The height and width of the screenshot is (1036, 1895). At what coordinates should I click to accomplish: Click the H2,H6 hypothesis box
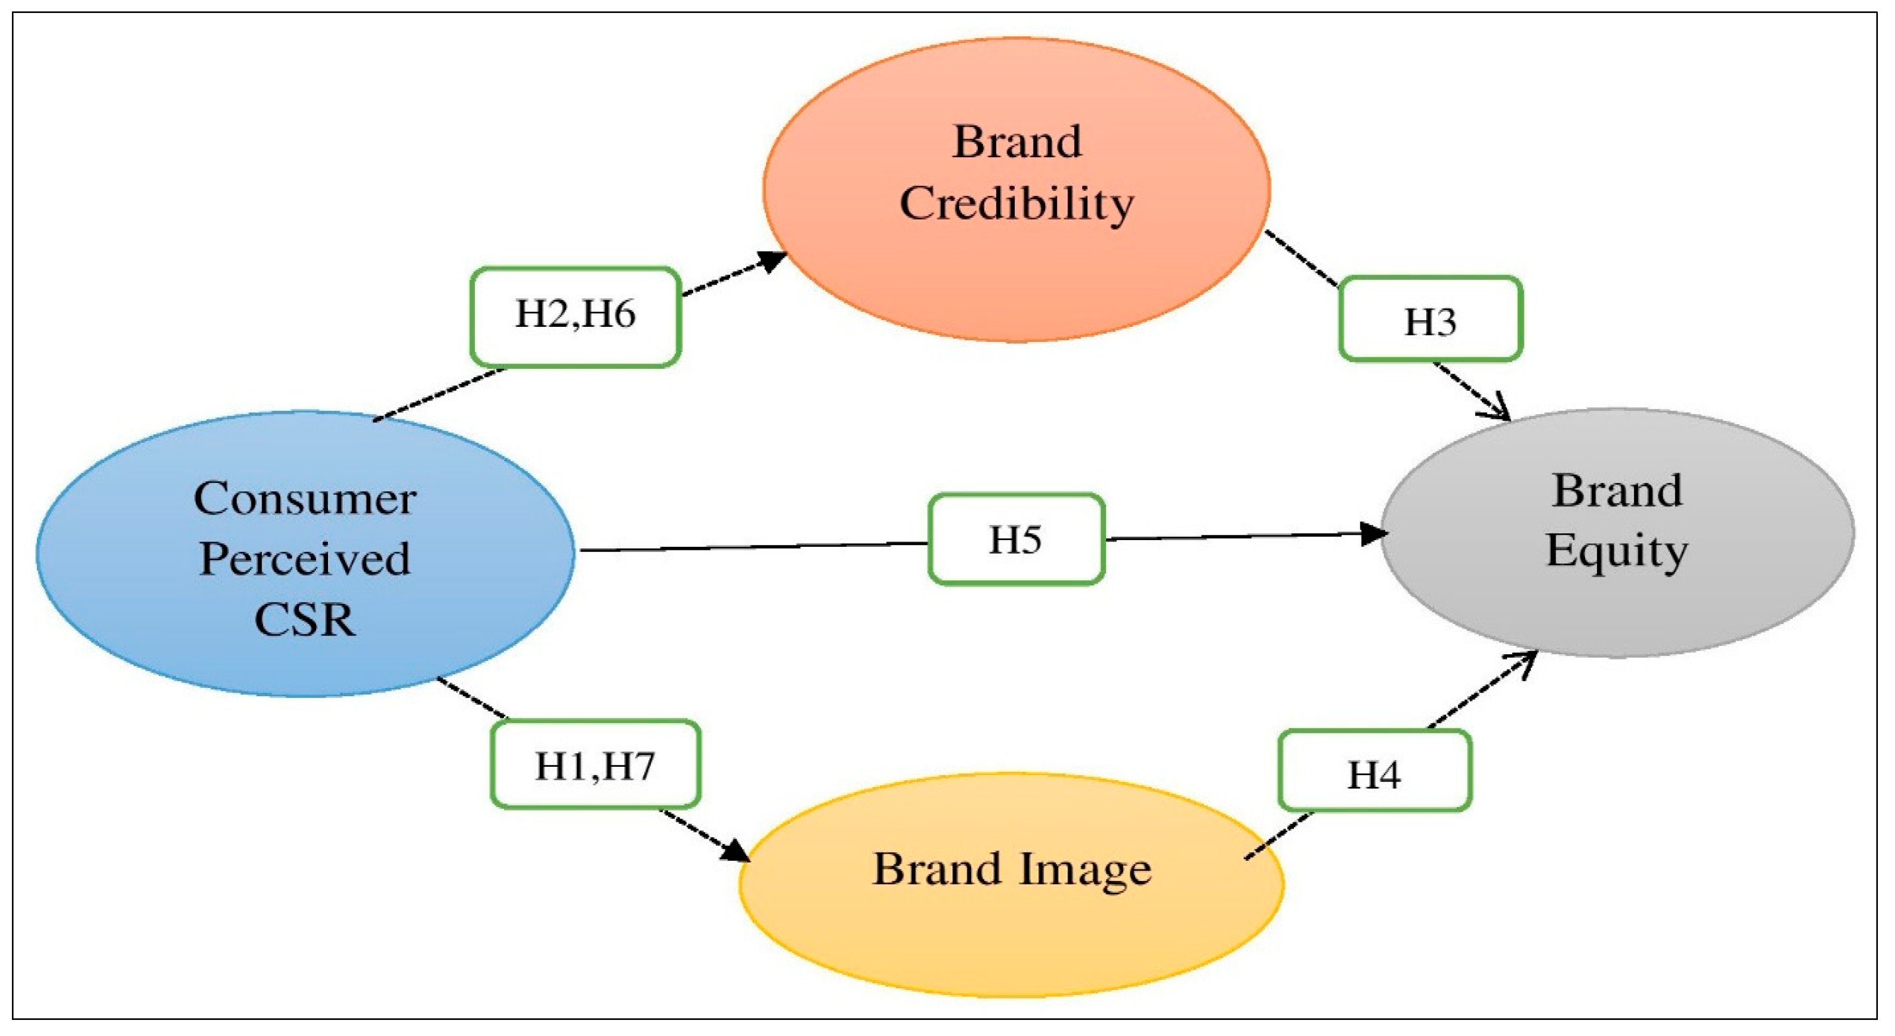click(575, 316)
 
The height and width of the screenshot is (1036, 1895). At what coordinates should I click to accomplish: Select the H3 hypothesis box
click(1430, 319)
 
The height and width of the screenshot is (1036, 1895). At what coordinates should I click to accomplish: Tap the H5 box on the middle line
click(1016, 539)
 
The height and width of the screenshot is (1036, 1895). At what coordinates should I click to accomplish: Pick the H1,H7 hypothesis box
click(595, 765)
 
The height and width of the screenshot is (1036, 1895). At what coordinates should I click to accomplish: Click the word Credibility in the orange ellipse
click(1017, 204)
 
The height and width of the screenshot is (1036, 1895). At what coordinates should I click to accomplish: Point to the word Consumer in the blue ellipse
click(305, 499)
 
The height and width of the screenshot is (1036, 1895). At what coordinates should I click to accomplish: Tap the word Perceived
click(305, 559)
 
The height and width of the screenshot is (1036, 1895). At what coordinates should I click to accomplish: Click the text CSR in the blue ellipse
click(305, 619)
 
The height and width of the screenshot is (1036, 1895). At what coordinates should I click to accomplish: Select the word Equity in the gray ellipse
click(1617, 551)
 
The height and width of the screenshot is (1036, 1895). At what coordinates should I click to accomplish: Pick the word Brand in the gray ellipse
click(1617, 491)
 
